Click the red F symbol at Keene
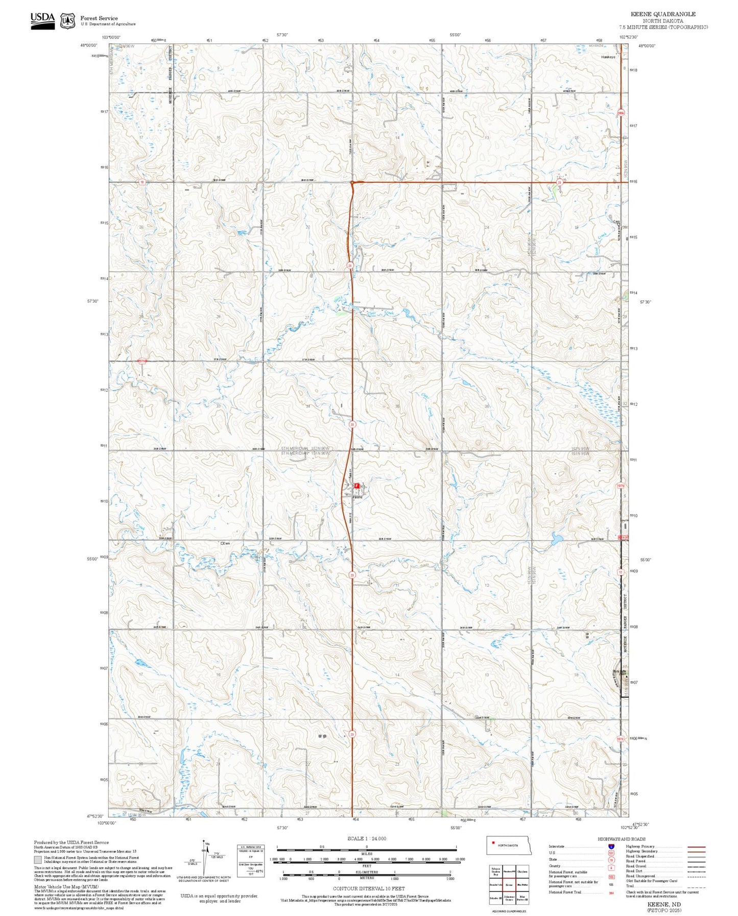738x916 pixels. [356, 486]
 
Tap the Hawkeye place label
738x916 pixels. [608, 57]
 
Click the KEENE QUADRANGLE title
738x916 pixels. [663, 14]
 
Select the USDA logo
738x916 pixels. [42, 20]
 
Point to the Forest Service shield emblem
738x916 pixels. [67, 21]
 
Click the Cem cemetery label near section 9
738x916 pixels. [225, 543]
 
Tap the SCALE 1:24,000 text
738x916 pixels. [367, 838]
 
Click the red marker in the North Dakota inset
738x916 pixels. [493, 843]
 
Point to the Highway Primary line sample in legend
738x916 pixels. [696, 847]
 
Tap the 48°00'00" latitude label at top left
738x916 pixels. [89, 46]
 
